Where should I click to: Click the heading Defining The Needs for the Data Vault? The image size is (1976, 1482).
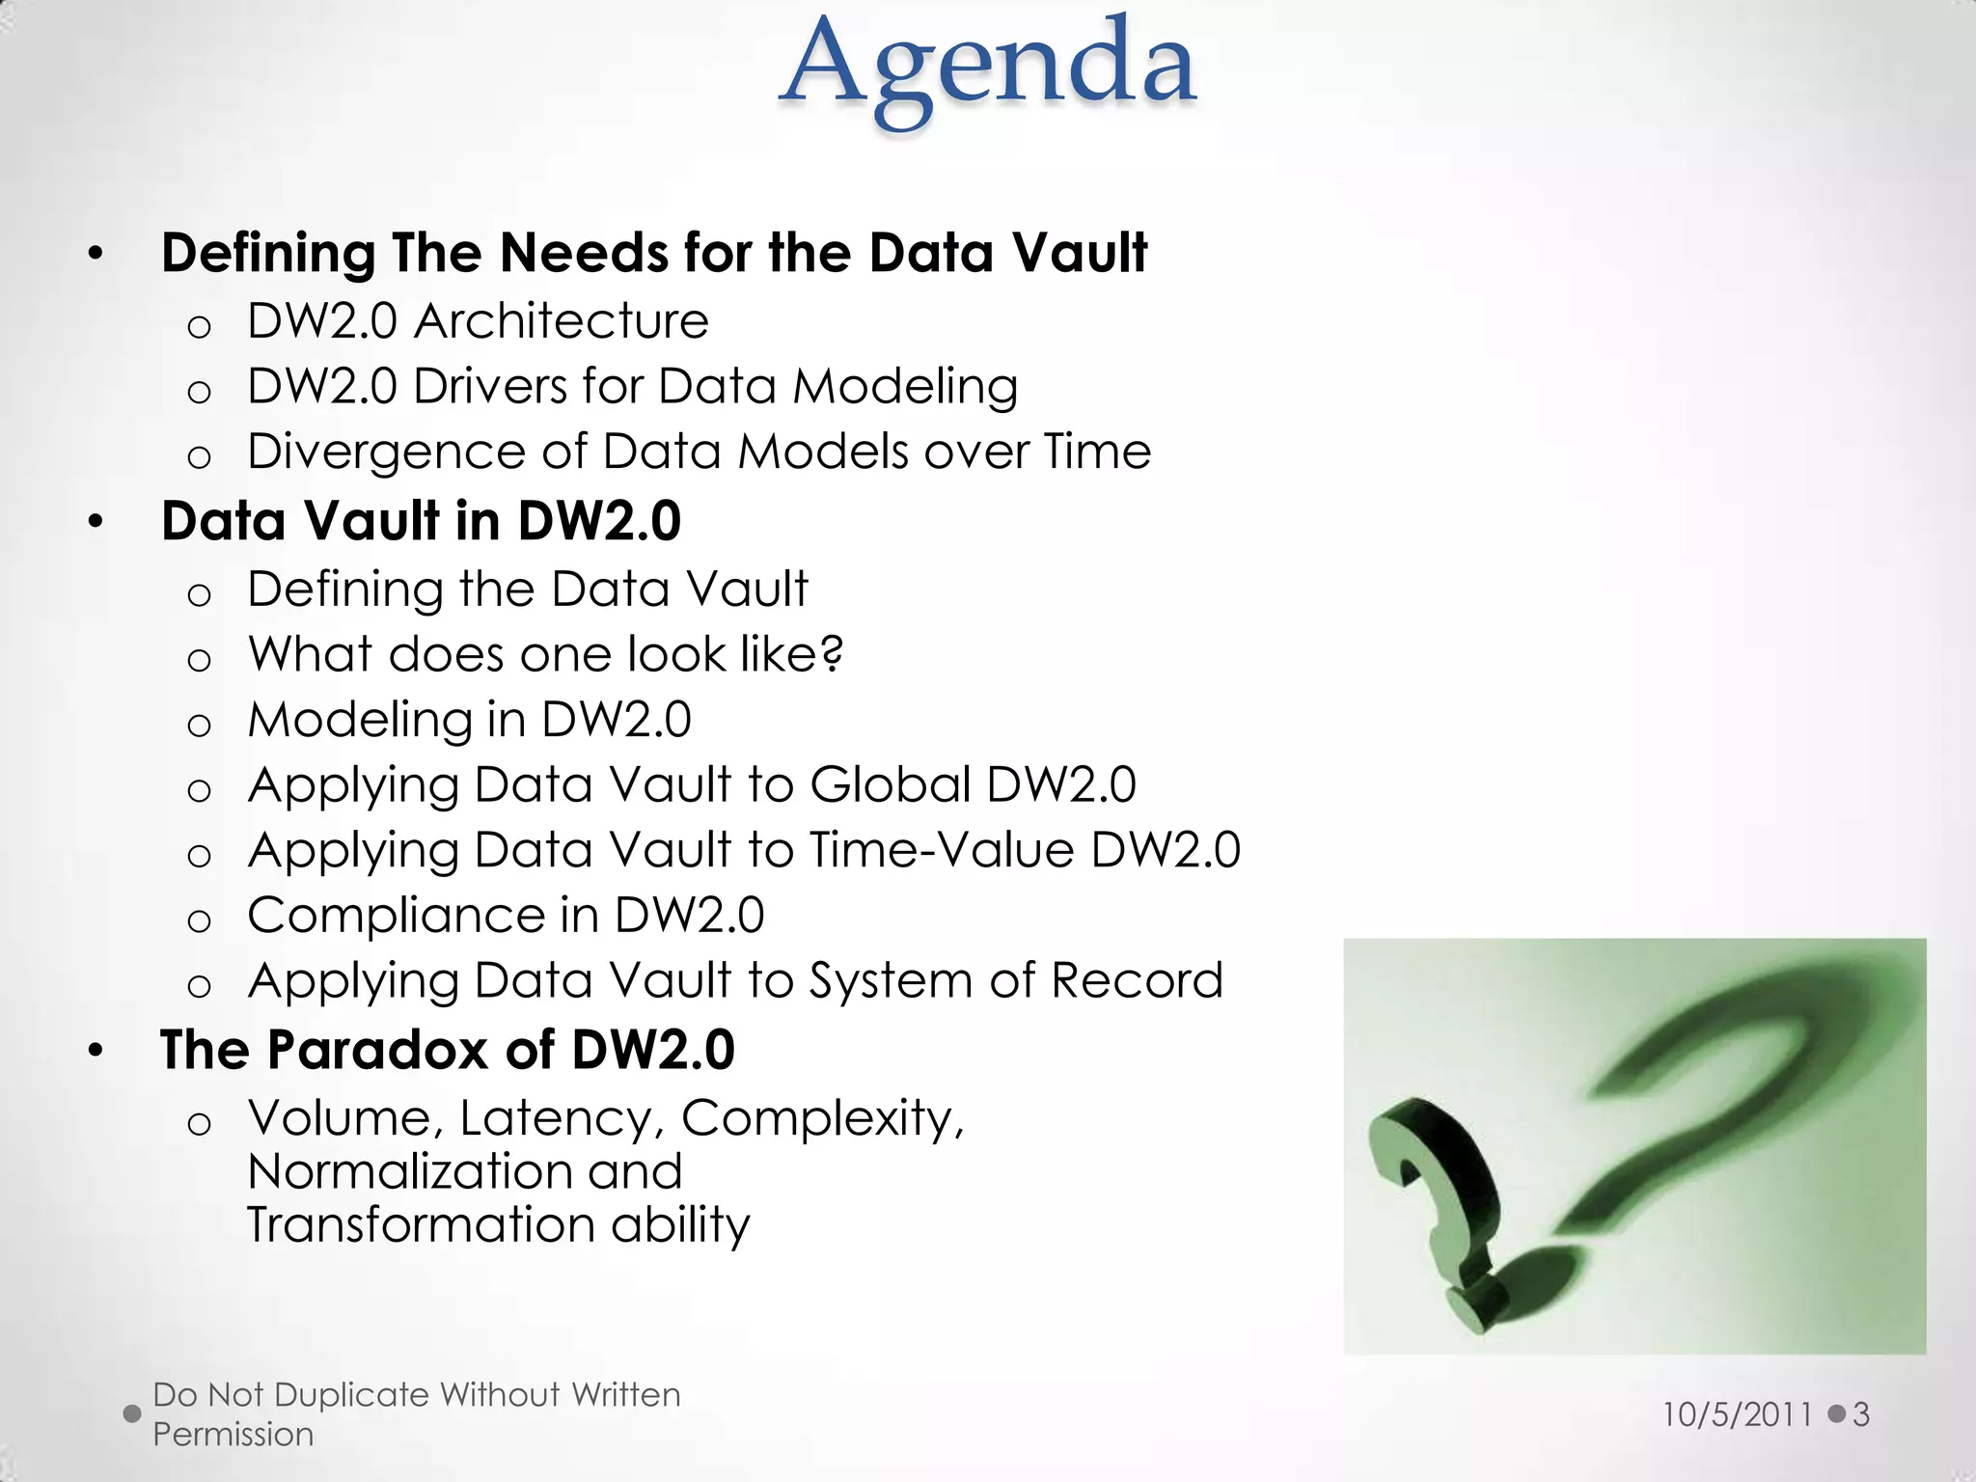pos(654,253)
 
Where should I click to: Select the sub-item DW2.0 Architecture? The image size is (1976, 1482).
pos(478,320)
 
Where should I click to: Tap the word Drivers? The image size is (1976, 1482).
pos(490,386)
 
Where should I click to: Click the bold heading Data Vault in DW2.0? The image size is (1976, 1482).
pos(421,521)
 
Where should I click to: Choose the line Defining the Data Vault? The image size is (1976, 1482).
pos(527,589)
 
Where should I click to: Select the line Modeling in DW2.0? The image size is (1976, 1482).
pos(469,720)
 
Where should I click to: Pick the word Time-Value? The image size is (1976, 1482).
pos(942,850)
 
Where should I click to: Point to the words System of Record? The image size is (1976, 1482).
pos(1015,980)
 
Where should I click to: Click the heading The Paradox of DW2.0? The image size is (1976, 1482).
pos(447,1050)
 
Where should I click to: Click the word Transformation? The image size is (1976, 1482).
pos(421,1224)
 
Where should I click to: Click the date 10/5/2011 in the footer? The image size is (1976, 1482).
pos(1737,1414)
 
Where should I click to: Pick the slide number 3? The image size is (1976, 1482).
pos(1861,1414)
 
